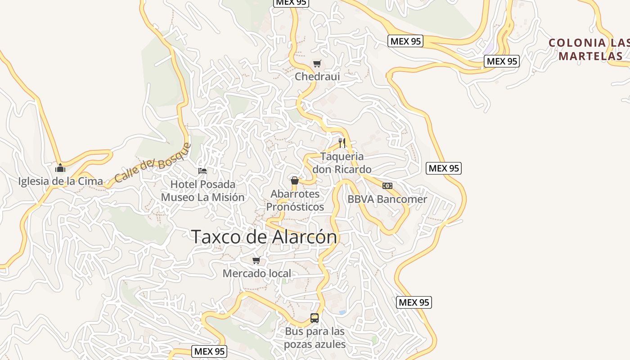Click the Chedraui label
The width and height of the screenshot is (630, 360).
coord(317,76)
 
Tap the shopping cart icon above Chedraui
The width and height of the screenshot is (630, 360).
coord(317,63)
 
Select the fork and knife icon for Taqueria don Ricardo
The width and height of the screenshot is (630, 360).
coord(342,143)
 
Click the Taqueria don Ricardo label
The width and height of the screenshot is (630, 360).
coord(342,163)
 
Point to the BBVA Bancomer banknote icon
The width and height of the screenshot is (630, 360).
coord(387,186)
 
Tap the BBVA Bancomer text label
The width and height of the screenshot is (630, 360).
coord(387,199)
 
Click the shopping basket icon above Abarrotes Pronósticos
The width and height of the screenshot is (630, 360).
coord(295,181)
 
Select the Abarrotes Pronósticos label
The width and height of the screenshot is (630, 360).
coord(295,200)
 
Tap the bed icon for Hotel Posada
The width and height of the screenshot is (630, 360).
coord(202,171)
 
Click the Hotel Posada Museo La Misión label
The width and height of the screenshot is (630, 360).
coord(202,191)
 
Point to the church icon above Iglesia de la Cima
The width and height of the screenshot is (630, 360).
coord(60,168)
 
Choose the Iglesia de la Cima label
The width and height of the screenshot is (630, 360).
coord(60,181)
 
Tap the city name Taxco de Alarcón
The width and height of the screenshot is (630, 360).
coord(264,237)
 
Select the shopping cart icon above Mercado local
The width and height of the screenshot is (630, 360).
coord(256,260)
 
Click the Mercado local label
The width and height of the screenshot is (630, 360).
coord(256,273)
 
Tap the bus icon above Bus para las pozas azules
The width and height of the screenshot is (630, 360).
coord(315,318)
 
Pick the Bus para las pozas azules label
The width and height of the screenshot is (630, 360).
coord(315,338)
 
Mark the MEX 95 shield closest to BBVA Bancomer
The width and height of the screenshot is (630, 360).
coord(444,168)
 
